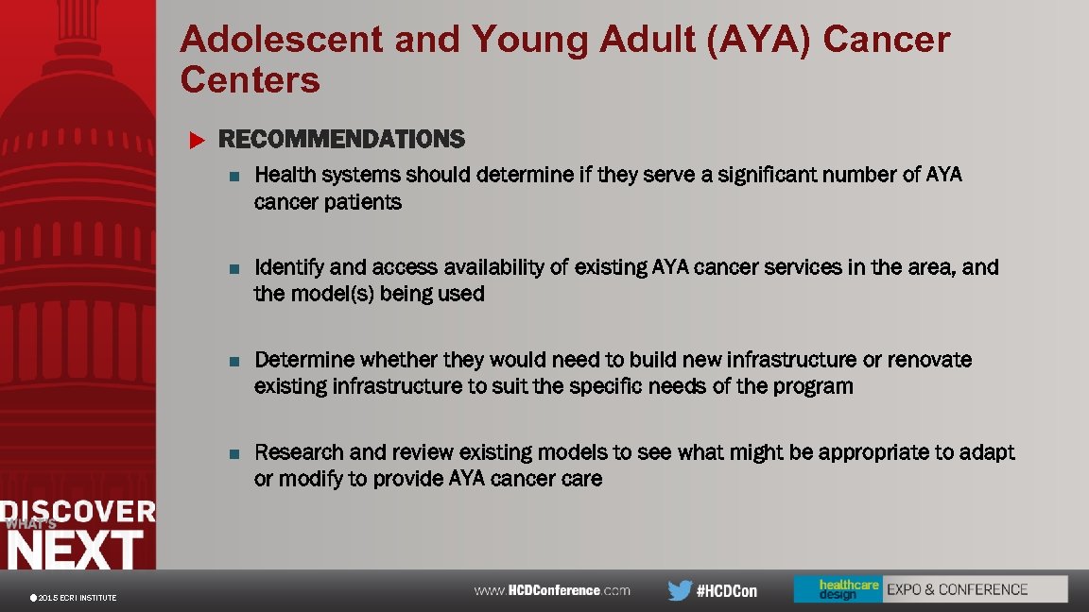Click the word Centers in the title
coord(251,81)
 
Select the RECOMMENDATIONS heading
coord(341,140)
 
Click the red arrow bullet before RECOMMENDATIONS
coord(197,141)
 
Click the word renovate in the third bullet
coord(932,360)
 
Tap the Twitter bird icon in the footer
coord(680,590)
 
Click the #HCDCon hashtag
coord(726,590)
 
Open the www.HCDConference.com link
coord(552,590)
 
